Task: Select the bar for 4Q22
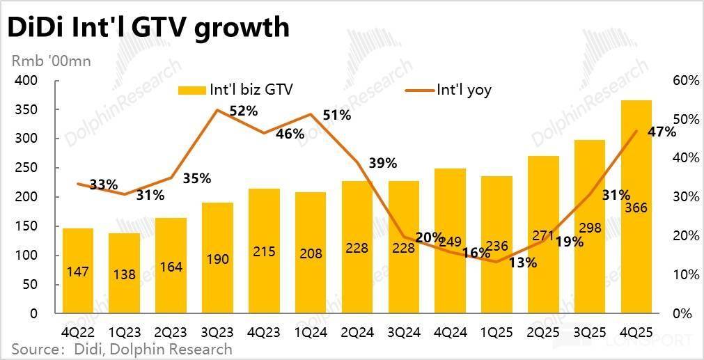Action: pyautogui.click(x=77, y=271)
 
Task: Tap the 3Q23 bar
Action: pyautogui.click(x=217, y=258)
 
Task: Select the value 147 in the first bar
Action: pyautogui.click(x=77, y=272)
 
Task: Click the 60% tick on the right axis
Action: pyautogui.click(x=686, y=81)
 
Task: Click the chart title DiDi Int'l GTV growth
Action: pyautogui.click(x=148, y=28)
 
